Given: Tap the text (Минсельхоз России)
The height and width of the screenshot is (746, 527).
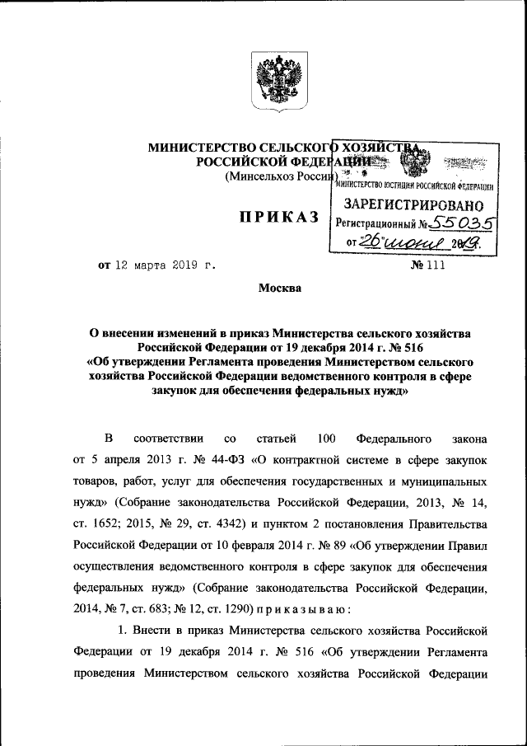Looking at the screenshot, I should coord(280,176).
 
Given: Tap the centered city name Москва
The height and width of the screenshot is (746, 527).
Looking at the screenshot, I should coord(279,289).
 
